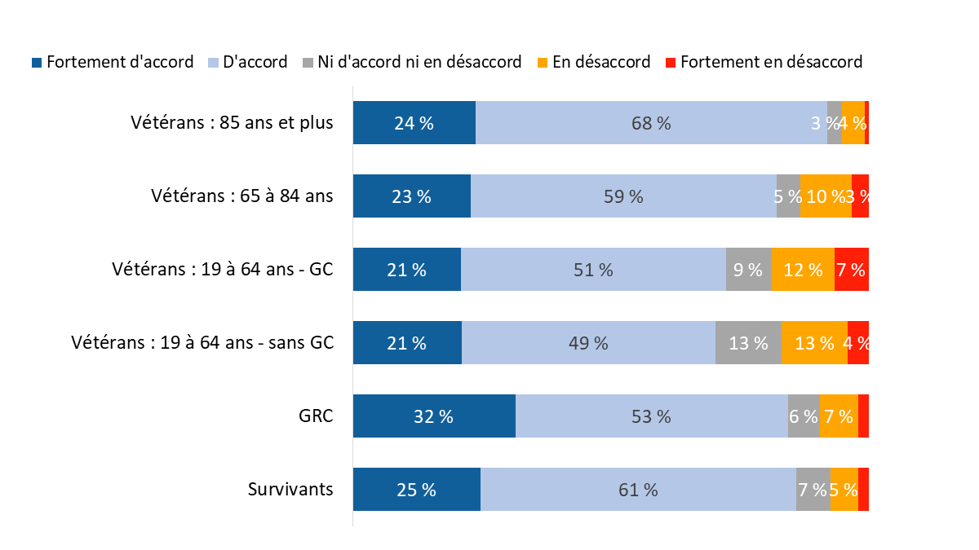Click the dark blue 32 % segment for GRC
(x=434, y=416)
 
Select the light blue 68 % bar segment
(x=651, y=123)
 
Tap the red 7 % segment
(x=851, y=269)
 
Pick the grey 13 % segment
(x=748, y=342)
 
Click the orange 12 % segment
(x=803, y=269)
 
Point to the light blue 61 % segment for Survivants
(x=638, y=489)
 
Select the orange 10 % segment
(x=826, y=196)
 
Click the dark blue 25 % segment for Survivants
(x=416, y=489)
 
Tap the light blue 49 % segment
(x=588, y=342)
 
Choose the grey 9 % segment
(x=748, y=269)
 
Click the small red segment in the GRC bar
(x=863, y=416)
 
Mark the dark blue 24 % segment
(x=414, y=123)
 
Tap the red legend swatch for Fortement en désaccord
(x=671, y=62)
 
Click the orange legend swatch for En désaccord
(x=543, y=62)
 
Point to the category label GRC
(x=317, y=416)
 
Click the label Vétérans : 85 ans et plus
(x=232, y=123)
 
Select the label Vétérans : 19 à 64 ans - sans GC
(x=202, y=342)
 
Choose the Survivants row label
(x=290, y=489)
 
